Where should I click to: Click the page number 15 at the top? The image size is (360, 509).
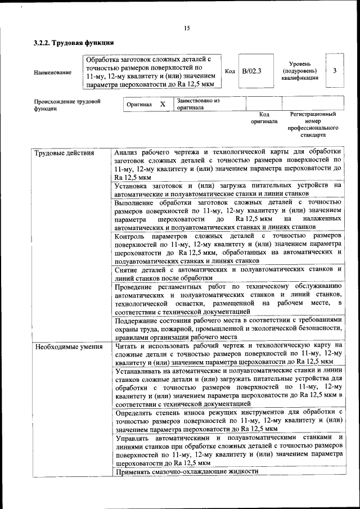click(x=187, y=29)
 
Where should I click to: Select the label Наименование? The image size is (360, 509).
click(x=53, y=73)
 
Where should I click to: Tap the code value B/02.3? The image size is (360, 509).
click(x=251, y=71)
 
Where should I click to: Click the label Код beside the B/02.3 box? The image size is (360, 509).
click(x=229, y=71)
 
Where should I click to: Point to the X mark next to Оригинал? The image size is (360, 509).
click(x=163, y=104)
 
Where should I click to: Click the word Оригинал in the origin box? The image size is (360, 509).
click(x=139, y=105)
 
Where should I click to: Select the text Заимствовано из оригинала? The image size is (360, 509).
click(x=197, y=104)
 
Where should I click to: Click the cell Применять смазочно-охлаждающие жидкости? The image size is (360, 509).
click(x=186, y=471)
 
